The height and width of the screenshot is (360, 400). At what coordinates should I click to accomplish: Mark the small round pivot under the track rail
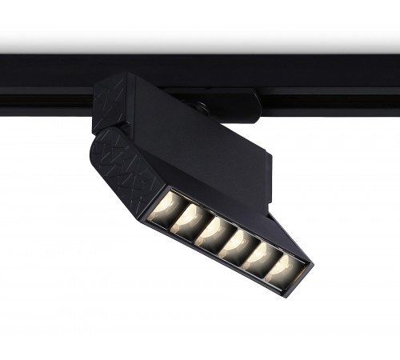pos(202,106)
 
